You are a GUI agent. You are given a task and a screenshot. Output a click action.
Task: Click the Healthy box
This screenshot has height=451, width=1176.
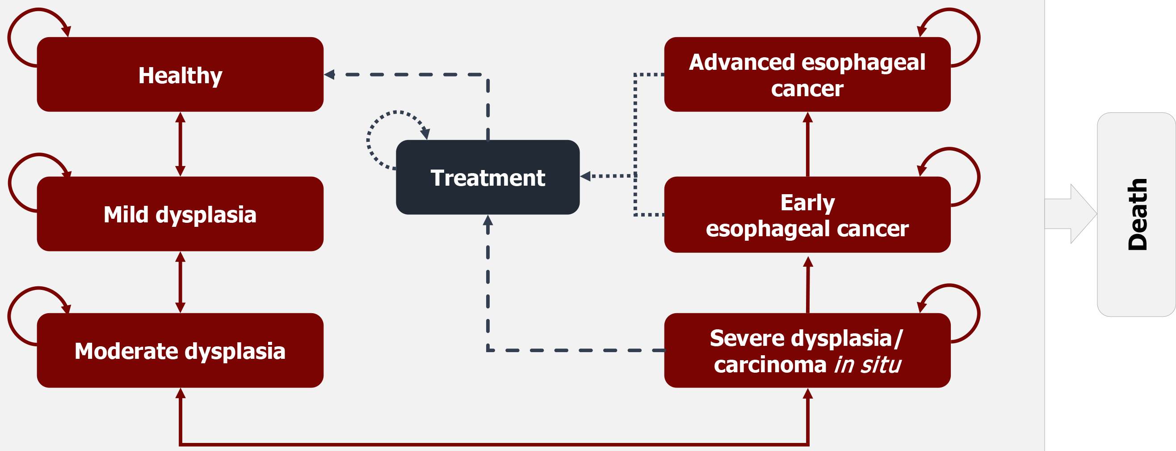(180, 74)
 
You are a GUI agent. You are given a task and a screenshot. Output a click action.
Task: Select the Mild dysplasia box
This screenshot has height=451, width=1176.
(180, 214)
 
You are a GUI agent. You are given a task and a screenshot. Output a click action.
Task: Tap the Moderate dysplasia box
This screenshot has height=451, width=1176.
(180, 350)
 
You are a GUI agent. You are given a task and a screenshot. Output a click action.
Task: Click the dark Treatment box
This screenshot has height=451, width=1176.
(487, 177)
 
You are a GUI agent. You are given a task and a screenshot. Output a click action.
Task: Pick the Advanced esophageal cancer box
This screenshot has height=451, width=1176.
(807, 74)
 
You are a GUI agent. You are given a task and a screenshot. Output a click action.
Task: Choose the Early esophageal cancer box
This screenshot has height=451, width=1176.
(807, 215)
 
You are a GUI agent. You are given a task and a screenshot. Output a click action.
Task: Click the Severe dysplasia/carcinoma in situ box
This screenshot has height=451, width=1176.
(807, 350)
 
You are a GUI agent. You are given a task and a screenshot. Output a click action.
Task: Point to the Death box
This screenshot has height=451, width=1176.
(1136, 214)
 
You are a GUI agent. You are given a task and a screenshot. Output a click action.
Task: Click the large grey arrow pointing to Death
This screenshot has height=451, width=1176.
(1071, 213)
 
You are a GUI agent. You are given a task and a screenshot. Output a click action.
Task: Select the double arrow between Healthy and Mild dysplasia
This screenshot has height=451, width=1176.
(181, 144)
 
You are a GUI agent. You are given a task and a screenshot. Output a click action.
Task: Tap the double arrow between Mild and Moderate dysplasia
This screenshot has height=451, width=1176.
(181, 282)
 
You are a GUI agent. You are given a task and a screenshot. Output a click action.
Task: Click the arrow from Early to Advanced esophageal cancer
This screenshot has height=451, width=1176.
(807, 144)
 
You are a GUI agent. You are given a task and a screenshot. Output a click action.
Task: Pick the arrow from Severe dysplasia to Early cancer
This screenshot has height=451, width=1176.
(808, 284)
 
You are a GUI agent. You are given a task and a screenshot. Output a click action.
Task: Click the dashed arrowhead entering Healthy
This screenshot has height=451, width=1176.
(330, 74)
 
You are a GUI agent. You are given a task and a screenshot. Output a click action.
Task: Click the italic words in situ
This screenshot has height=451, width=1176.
(867, 365)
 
